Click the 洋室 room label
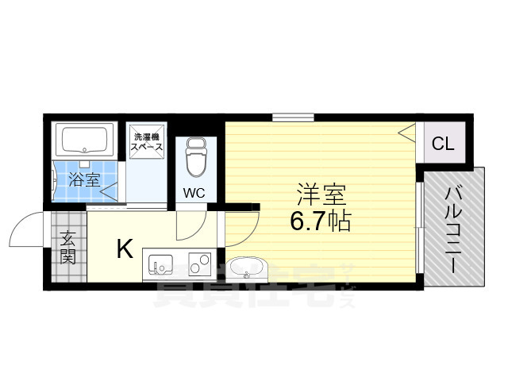(x=321, y=194)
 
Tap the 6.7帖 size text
(x=321, y=220)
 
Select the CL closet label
(x=443, y=144)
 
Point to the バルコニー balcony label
(x=455, y=228)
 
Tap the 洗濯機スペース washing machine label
(x=148, y=142)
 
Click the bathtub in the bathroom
(x=86, y=140)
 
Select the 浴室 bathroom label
(x=83, y=179)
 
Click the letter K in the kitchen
(x=125, y=249)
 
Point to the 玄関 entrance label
(x=68, y=247)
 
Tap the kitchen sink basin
(x=160, y=263)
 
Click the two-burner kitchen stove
(x=199, y=262)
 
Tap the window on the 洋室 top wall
(x=292, y=117)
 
